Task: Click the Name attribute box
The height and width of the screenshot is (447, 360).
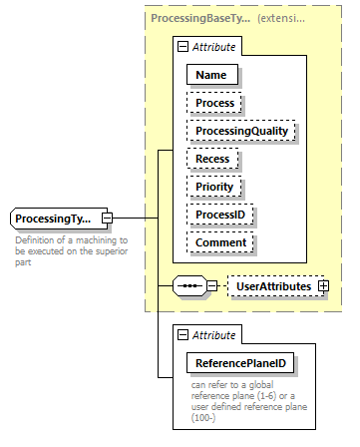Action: tap(210, 75)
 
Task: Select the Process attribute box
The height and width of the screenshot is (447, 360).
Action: tap(215, 103)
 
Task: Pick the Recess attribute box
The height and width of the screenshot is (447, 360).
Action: tap(212, 159)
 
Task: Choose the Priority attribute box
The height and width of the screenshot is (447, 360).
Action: tap(214, 187)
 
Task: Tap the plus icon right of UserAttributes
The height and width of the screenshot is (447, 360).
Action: tap(323, 287)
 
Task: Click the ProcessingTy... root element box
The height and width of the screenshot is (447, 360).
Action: tap(56, 218)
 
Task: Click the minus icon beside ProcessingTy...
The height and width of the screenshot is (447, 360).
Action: tap(108, 218)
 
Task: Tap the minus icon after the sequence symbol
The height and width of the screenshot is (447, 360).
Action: tap(212, 287)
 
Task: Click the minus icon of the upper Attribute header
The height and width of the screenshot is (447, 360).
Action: tap(181, 46)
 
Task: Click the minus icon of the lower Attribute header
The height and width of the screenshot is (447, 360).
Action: tap(181, 335)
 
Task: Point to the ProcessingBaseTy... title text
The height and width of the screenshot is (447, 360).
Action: tap(198, 18)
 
